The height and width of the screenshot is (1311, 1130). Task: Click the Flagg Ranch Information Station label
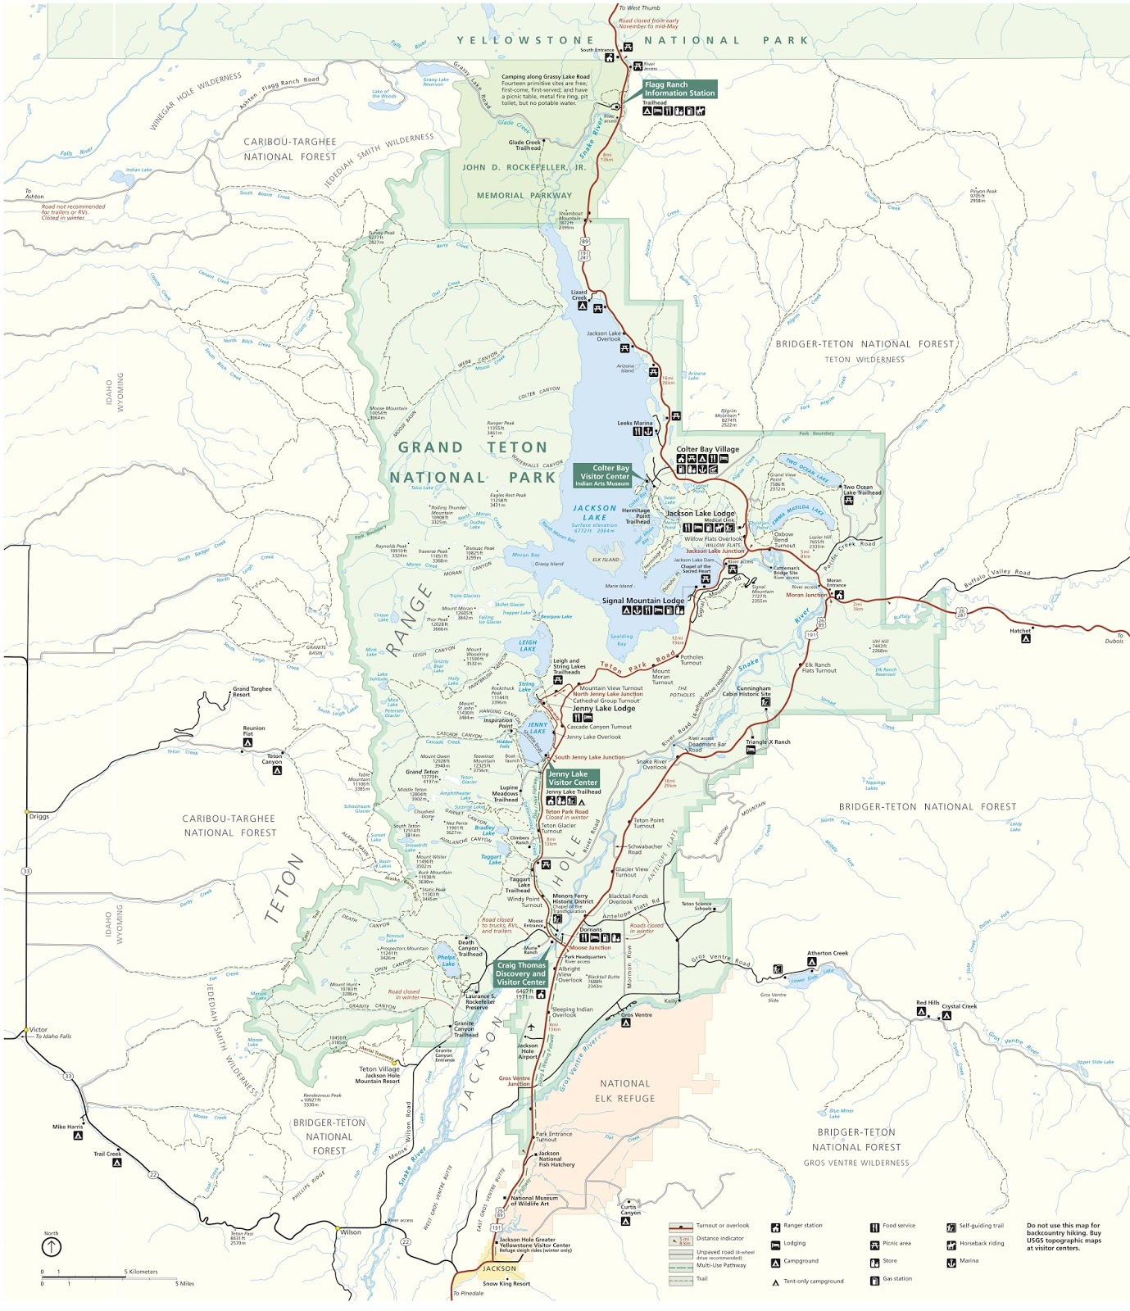click(x=679, y=88)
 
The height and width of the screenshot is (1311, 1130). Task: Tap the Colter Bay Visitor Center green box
click(x=604, y=475)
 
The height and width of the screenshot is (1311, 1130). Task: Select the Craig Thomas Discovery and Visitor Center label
click(x=520, y=973)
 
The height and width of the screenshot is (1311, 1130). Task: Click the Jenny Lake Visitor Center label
click(x=572, y=778)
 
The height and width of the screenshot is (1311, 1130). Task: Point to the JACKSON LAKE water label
click(x=594, y=513)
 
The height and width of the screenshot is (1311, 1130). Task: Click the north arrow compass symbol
click(x=52, y=1247)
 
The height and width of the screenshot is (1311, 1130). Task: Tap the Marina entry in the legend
click(x=968, y=1261)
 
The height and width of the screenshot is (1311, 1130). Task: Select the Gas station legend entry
click(x=896, y=1278)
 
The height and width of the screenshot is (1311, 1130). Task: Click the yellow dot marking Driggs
click(x=27, y=812)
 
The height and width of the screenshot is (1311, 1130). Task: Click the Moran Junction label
click(x=806, y=595)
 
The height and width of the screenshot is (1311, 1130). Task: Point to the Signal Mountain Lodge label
click(x=643, y=601)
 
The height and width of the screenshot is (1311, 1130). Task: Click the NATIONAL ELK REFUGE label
click(x=624, y=1091)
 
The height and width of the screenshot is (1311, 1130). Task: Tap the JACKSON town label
click(x=499, y=1268)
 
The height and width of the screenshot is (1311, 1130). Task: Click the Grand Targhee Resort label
click(x=252, y=692)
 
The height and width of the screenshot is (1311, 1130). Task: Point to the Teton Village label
click(x=379, y=1068)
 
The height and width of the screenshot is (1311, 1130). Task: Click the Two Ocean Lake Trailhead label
click(x=862, y=490)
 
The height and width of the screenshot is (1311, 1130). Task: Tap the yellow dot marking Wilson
click(x=337, y=1227)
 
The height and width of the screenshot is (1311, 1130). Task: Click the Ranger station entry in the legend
click(x=802, y=1226)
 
